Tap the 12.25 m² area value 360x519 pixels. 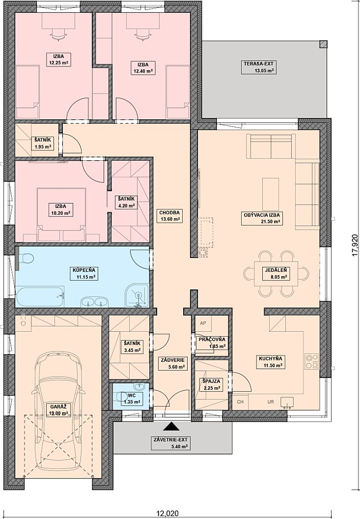pos(57,64)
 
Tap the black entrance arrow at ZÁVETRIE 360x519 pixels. pos(171,426)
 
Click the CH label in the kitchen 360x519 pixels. pos(240,402)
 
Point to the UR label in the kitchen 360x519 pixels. pos(270,402)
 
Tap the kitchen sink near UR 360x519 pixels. pos(287,402)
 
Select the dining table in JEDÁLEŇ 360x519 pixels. pos(276,274)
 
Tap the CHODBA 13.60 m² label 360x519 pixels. pos(169,216)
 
